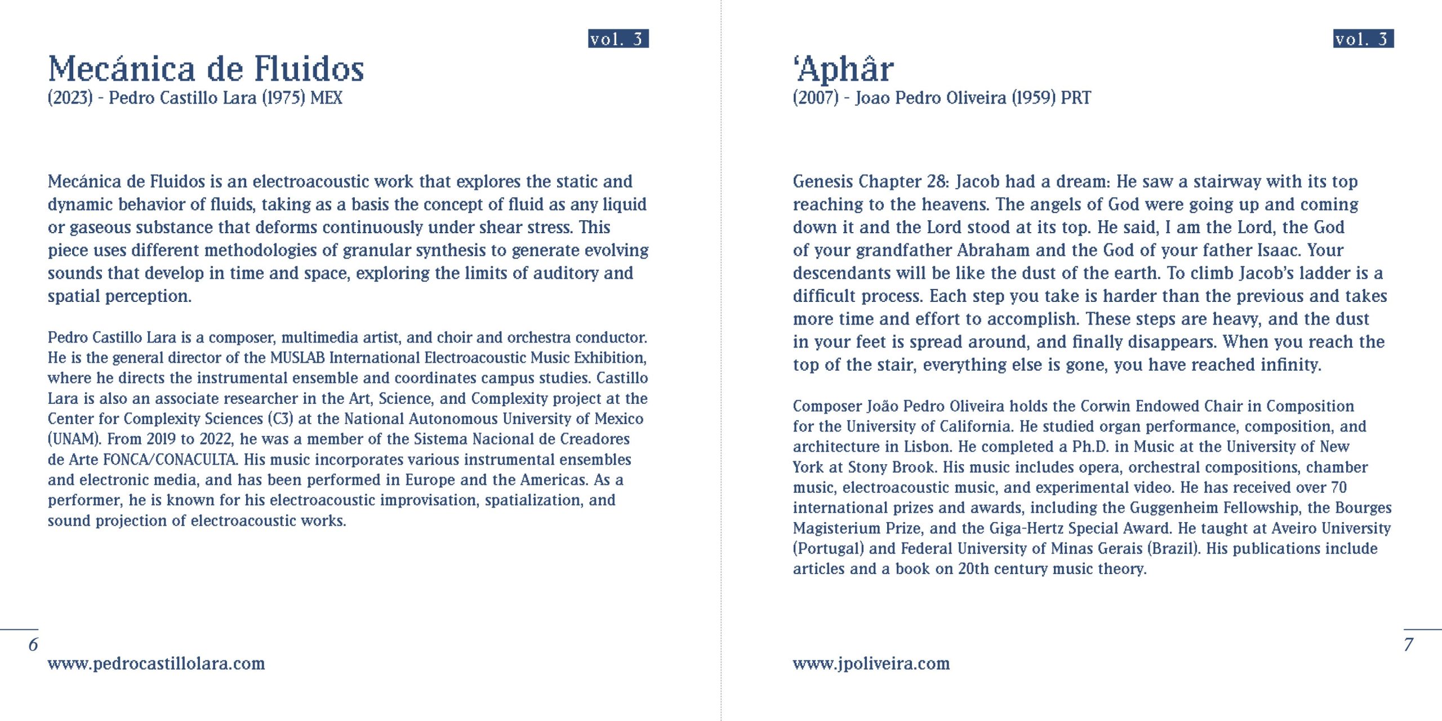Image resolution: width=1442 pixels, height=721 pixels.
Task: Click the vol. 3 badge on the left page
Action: click(618, 38)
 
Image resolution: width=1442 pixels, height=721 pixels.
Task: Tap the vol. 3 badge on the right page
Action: click(1363, 38)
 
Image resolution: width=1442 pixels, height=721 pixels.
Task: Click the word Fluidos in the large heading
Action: click(309, 69)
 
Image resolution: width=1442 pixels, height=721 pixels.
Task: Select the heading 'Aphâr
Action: click(843, 69)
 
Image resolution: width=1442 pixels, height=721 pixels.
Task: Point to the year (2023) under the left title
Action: click(70, 98)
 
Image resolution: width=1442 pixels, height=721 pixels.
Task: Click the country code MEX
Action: click(326, 98)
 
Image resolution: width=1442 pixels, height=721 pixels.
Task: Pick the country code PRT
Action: click(1075, 98)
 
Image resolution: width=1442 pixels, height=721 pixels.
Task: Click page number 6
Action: click(33, 644)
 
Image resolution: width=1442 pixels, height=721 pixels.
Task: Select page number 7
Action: click(1408, 644)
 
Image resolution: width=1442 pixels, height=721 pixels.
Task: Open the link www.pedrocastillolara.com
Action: click(156, 664)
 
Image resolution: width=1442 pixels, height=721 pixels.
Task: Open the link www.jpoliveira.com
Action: click(871, 664)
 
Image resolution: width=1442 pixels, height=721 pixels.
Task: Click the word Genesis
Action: click(822, 181)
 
